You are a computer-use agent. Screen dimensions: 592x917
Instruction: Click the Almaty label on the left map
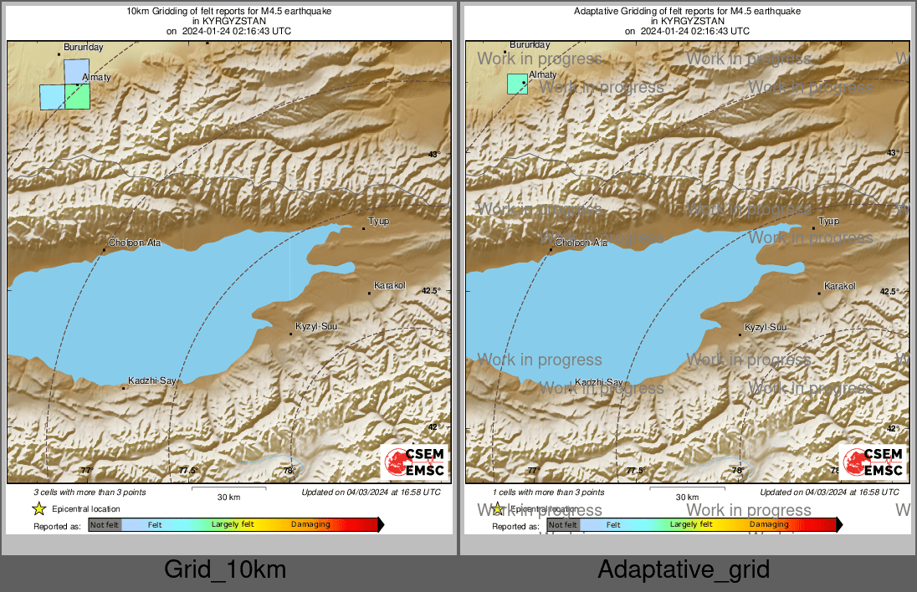(x=97, y=77)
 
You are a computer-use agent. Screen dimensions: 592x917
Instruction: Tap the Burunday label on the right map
(x=530, y=44)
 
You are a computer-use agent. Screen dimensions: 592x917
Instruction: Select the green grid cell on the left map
(x=77, y=97)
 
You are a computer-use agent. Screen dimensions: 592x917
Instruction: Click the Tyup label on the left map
(x=380, y=222)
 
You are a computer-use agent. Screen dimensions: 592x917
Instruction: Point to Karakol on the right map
(x=840, y=286)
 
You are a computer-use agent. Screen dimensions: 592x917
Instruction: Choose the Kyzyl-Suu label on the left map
(x=316, y=326)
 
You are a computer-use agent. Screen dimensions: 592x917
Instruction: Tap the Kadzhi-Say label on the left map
(x=151, y=381)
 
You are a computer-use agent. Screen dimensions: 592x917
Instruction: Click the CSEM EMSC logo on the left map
(x=414, y=462)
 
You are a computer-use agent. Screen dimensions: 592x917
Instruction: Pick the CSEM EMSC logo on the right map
(x=873, y=462)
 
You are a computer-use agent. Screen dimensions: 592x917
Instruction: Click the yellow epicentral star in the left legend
(x=38, y=508)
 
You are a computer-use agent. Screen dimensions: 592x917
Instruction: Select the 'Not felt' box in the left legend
(x=105, y=525)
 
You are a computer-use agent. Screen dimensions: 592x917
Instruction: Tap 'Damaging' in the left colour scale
(x=310, y=525)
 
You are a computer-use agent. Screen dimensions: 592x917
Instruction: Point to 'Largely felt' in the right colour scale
(x=690, y=525)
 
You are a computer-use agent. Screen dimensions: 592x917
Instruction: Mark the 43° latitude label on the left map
(x=433, y=155)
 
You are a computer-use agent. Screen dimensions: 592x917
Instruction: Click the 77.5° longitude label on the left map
(x=188, y=471)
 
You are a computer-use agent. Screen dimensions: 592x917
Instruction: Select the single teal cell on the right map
(x=517, y=84)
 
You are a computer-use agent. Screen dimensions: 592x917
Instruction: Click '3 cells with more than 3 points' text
(x=85, y=492)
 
